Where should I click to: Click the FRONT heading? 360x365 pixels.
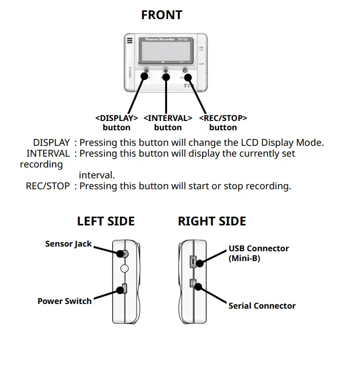point(161,15)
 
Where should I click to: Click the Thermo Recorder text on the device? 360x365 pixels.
point(157,39)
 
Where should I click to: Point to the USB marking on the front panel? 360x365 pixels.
point(201,48)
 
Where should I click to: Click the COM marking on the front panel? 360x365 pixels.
point(201,64)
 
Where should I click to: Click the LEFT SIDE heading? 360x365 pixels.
point(106,221)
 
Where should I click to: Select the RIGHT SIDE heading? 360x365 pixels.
point(212,221)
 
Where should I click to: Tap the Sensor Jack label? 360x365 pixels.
point(68,244)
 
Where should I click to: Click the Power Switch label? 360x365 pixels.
point(64,301)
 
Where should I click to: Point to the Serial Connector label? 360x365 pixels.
point(262,306)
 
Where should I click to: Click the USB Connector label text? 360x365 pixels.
point(259,249)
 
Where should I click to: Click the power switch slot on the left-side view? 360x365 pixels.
point(124,289)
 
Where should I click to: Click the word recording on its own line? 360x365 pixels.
point(41,164)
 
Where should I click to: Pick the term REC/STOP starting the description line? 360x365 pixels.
point(48,186)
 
